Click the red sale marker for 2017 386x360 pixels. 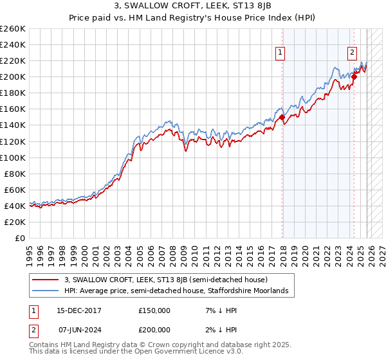pyautogui.click(x=282, y=117)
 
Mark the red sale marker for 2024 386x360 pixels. pyautogui.click(x=354, y=76)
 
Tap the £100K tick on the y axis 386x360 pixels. pyautogui.click(x=13, y=157)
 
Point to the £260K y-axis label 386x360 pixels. pyautogui.click(x=13, y=29)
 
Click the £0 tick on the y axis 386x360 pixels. pyautogui.click(x=19, y=238)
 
